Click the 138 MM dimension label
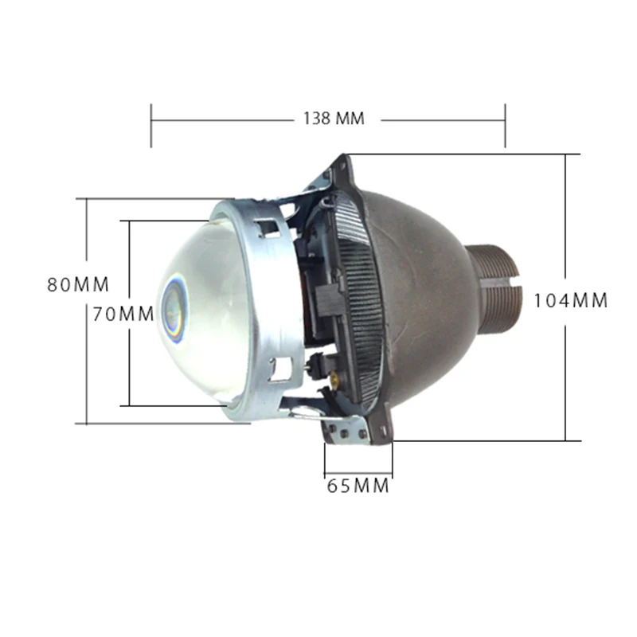point(334,118)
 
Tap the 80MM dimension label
point(78,284)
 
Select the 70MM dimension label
point(123,314)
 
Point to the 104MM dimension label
point(570,301)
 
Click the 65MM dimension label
point(358,486)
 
